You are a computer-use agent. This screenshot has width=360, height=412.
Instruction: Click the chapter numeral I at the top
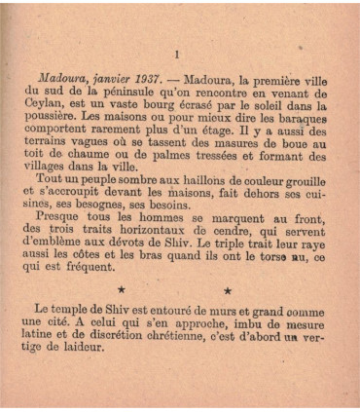(x=176, y=55)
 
